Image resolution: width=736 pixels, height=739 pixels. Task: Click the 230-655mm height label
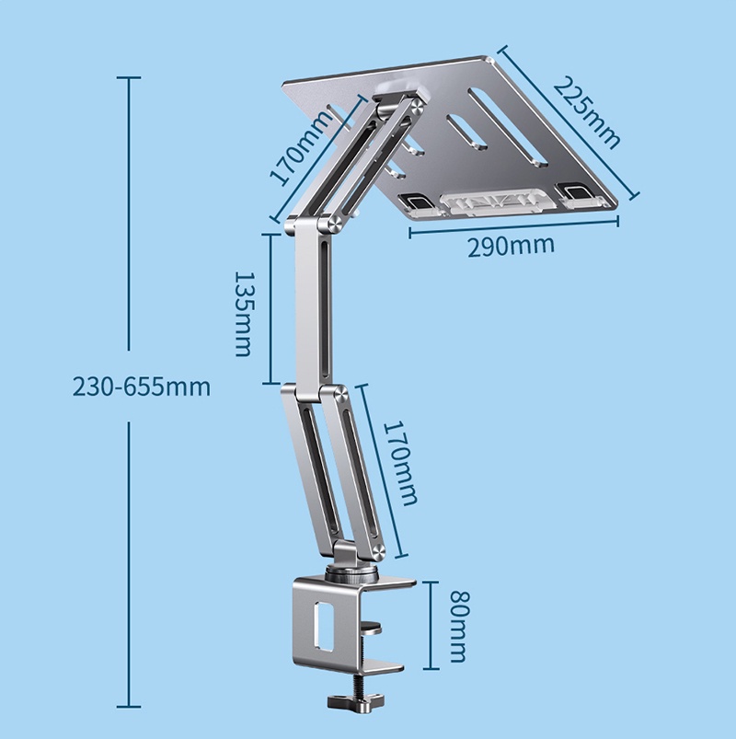pos(141,387)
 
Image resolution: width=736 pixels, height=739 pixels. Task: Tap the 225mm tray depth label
pos(586,110)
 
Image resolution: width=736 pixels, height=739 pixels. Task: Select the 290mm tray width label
pos(511,246)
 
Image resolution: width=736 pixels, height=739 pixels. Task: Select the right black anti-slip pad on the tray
pos(578,191)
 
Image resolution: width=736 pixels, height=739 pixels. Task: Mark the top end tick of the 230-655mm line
pos(128,78)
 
